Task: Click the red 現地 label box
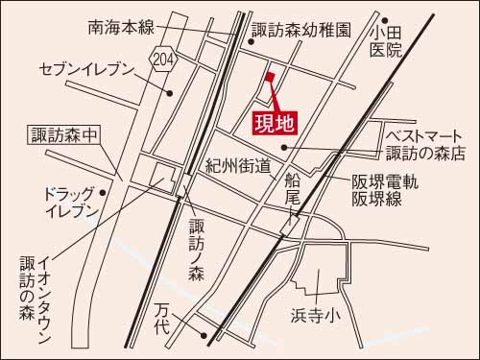(x=275, y=123)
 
